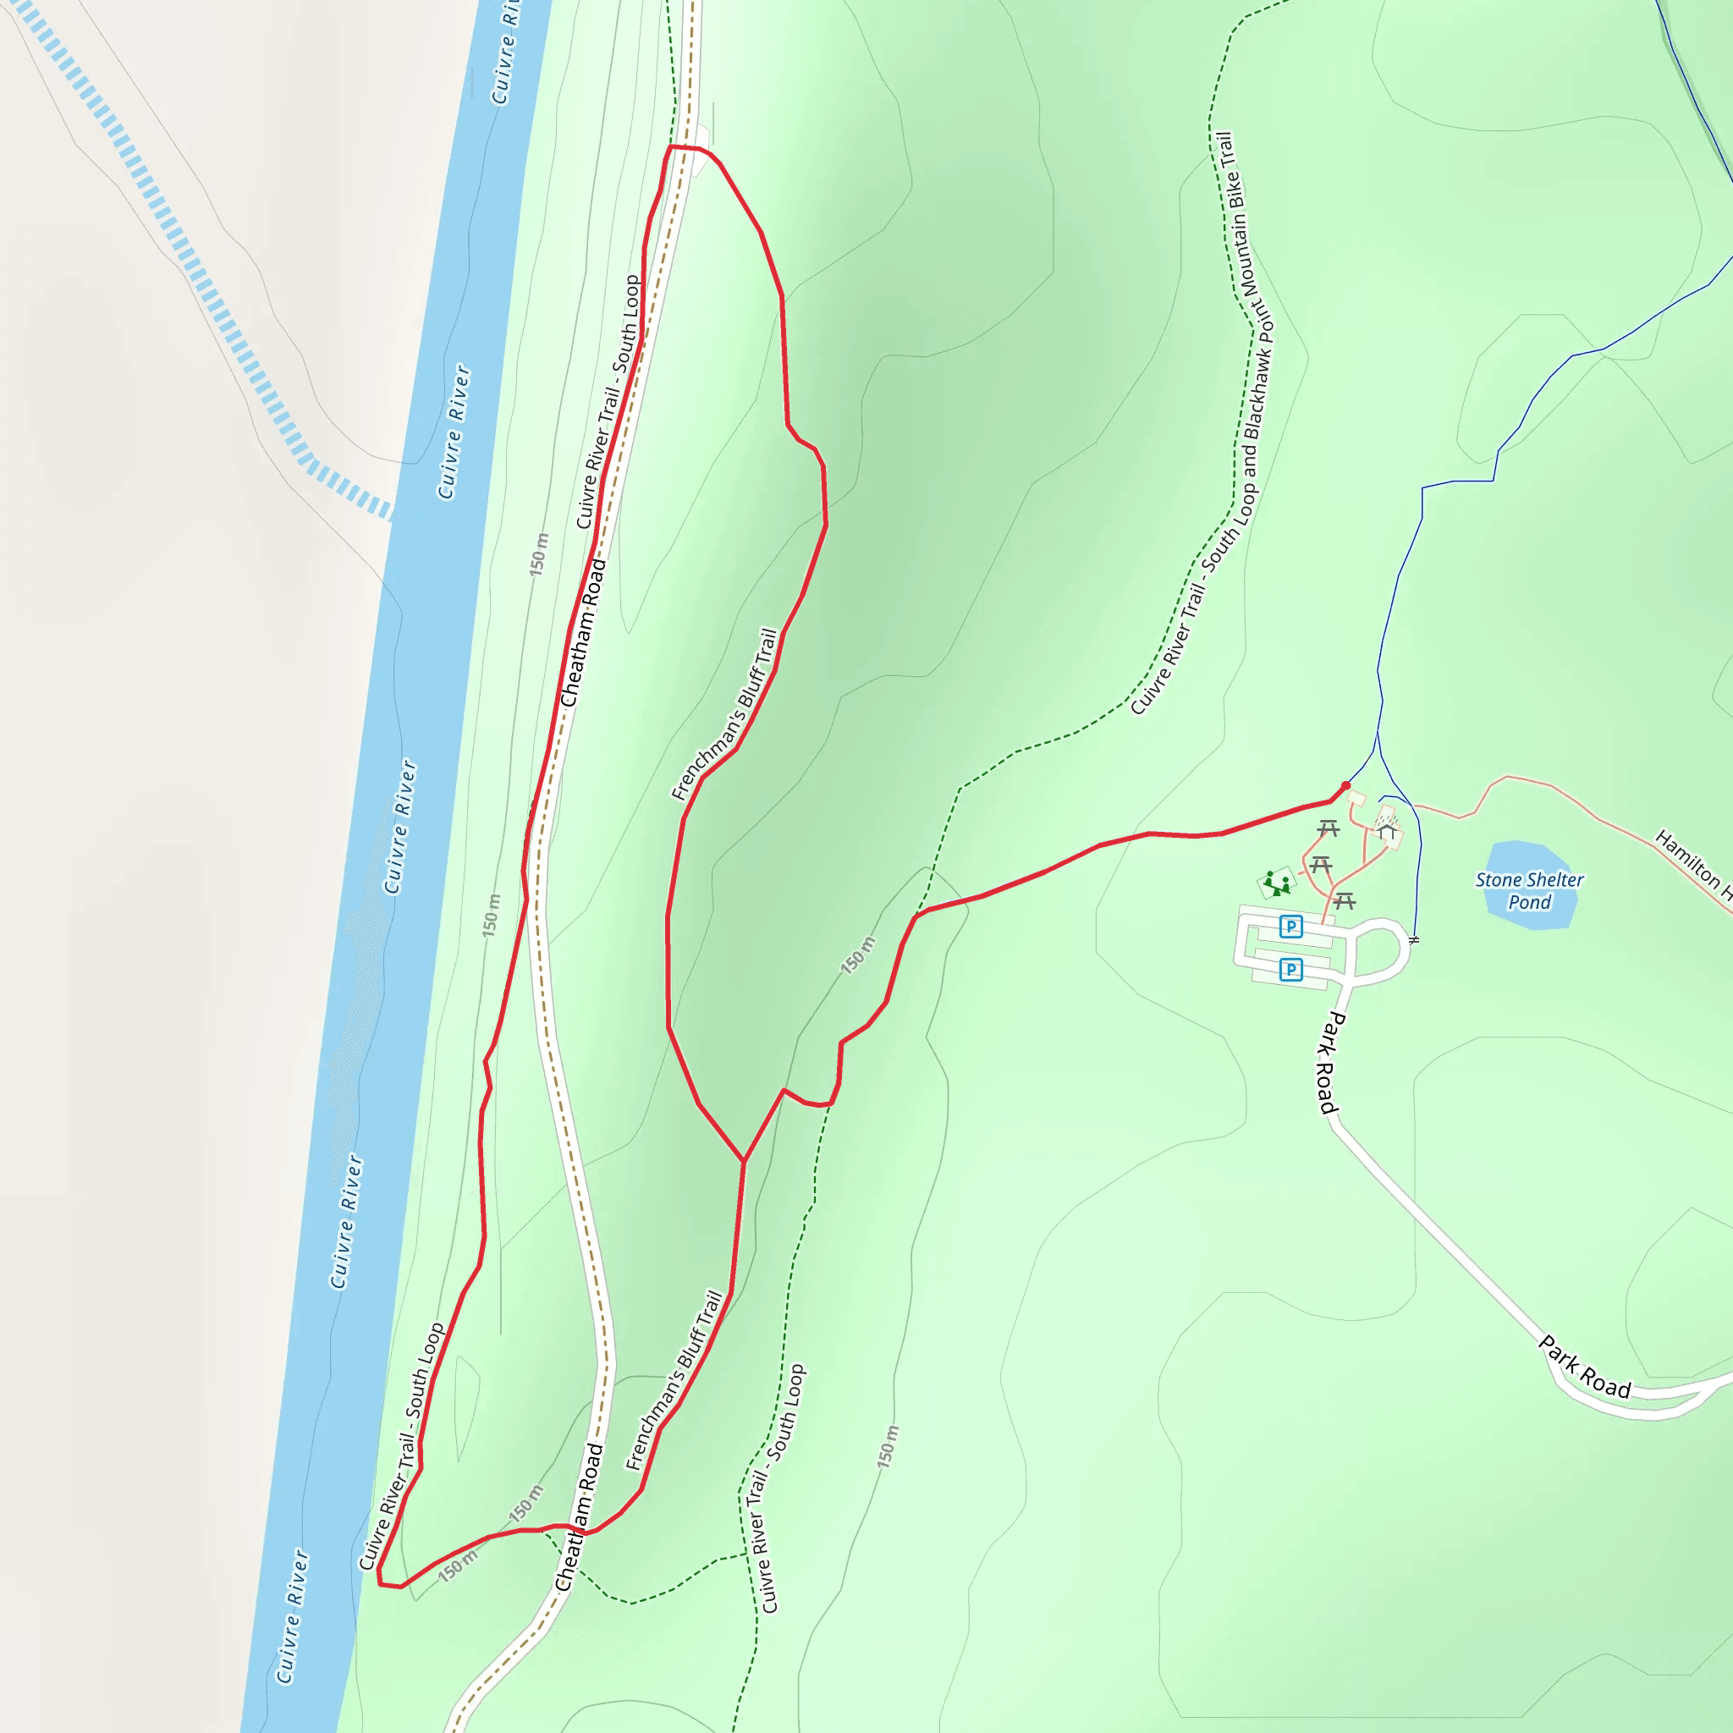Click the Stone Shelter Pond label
pos(1529,891)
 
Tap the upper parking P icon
pos(1290,927)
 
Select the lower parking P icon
pos(1290,969)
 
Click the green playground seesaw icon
pos(1277,884)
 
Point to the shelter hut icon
pos(1388,832)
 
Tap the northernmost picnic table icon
pos(1329,828)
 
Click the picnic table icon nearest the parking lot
pos(1344,900)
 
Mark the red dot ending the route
pos(1345,786)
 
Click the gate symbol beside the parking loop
pos(1414,940)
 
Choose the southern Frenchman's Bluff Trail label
pos(674,1380)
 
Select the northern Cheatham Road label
pos(583,633)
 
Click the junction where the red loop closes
pos(744,1162)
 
